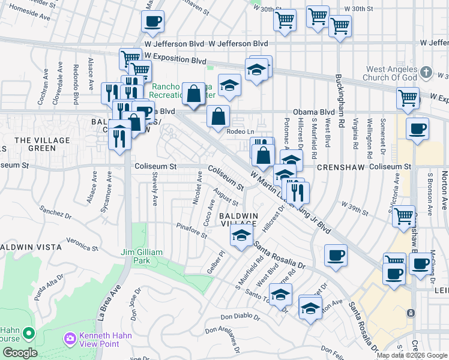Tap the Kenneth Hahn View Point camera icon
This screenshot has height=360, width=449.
click(71, 340)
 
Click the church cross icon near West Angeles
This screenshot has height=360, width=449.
click(426, 72)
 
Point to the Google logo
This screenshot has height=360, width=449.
click(20, 353)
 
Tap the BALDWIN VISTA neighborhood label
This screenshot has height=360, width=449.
click(30, 247)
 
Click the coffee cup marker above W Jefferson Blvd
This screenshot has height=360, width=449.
click(152, 22)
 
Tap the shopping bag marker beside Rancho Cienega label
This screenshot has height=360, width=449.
click(193, 94)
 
